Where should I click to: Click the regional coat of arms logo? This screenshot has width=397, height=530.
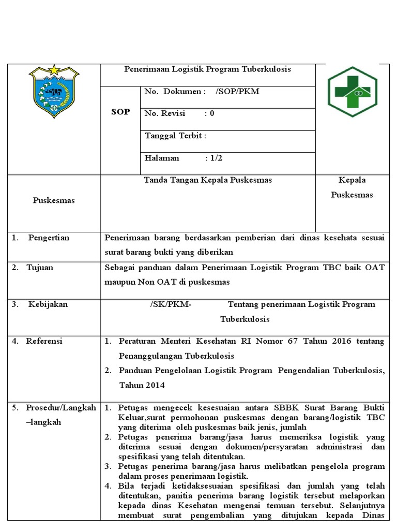54,91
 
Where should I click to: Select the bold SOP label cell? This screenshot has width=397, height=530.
120,112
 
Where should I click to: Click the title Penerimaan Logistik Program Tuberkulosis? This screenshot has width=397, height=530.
208,69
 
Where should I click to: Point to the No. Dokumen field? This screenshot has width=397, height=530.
202,92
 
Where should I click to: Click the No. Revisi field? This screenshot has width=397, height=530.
179,114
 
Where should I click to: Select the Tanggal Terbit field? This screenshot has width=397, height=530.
176,136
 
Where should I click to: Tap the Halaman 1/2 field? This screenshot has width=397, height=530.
184,158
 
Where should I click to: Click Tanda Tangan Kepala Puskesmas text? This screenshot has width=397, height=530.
208,180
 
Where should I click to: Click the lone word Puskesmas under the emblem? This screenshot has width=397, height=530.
54,200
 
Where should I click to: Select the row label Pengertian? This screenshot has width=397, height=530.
48,238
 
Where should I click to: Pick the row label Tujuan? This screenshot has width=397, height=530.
40,268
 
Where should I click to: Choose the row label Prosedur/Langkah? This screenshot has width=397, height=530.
61,407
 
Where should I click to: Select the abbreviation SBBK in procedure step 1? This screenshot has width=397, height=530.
264,407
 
